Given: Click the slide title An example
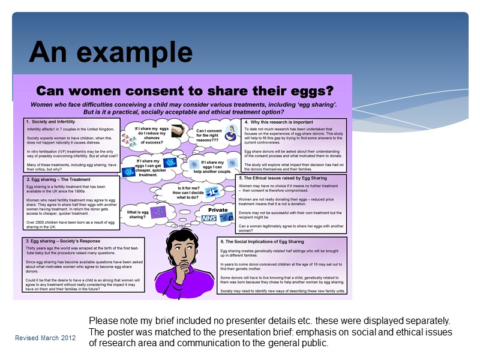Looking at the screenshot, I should click(x=111, y=53).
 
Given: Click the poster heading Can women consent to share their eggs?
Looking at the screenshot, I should click(x=185, y=91).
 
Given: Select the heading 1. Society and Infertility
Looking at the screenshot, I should click(x=51, y=122).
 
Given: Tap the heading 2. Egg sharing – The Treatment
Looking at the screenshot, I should click(x=58, y=179).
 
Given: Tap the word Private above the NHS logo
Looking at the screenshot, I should click(x=217, y=210).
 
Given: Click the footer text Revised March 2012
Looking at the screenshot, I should click(x=46, y=338).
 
